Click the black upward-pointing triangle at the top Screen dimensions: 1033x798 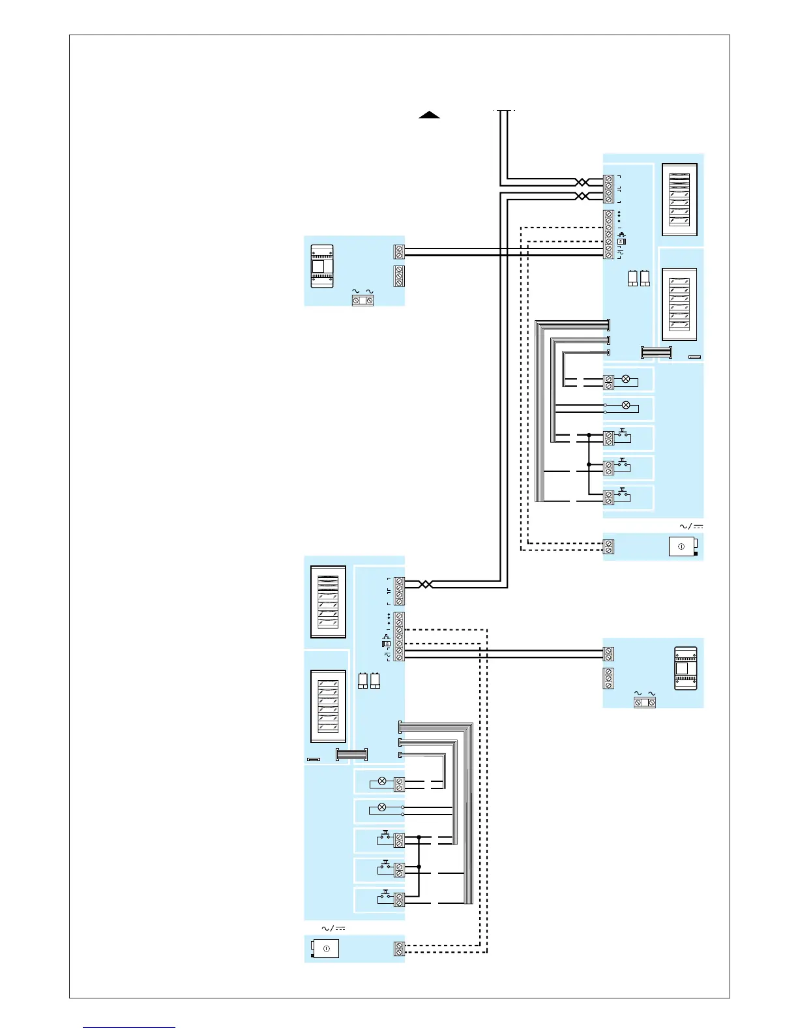(429, 115)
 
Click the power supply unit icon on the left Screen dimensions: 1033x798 (322, 266)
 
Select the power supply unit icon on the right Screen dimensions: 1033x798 (685, 668)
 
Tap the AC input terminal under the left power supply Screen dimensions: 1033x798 (362, 300)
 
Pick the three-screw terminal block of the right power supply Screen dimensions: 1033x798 (608, 678)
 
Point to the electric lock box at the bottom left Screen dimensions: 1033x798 (326, 948)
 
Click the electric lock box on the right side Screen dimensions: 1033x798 (683, 546)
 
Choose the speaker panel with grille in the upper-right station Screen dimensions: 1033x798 (679, 200)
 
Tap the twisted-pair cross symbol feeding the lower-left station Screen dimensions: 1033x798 (425, 584)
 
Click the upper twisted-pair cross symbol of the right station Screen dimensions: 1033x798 (582, 182)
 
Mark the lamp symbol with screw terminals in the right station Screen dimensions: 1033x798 (626, 379)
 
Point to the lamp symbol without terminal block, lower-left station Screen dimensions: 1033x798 (382, 807)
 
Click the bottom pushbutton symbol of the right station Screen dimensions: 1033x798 (623, 493)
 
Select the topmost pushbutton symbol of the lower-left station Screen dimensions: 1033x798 (385, 837)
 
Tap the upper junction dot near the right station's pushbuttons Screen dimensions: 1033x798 (589, 435)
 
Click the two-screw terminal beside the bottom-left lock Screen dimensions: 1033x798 (399, 949)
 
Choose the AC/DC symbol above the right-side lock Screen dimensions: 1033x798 (691, 526)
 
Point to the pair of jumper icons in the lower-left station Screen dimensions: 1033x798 (369, 680)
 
